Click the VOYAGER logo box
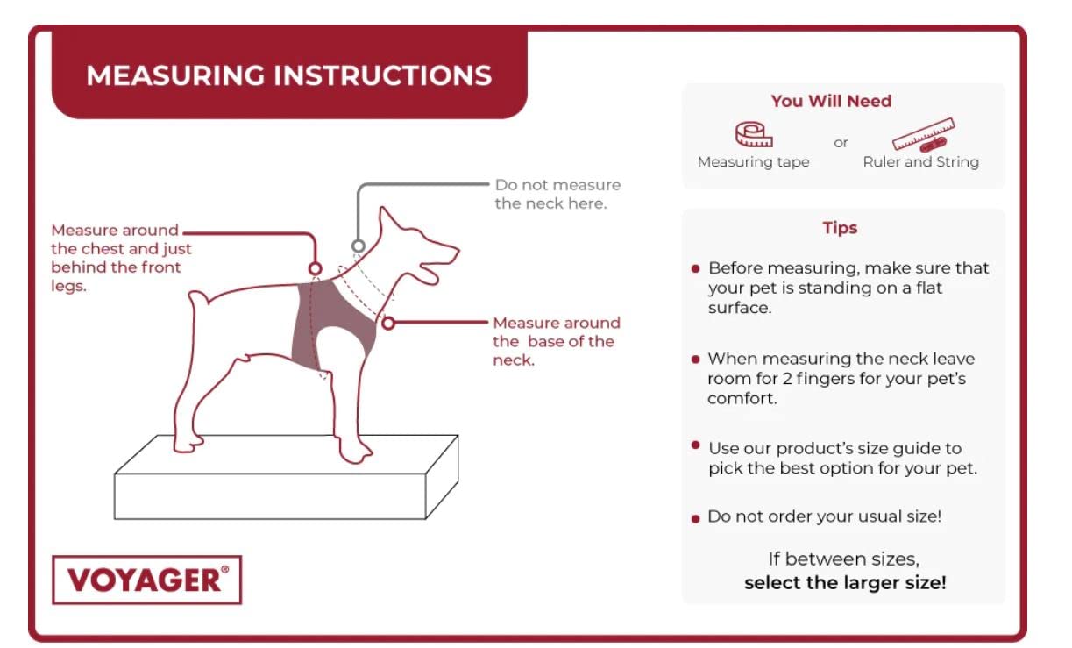point(147,580)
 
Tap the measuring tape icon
point(754,134)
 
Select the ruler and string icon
point(923,134)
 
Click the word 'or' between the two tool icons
point(841,143)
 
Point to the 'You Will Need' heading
point(831,101)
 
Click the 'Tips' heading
point(840,228)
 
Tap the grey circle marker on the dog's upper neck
point(359,246)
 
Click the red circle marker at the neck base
point(388,323)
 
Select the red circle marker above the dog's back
point(315,268)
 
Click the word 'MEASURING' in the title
point(175,75)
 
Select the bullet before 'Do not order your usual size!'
point(696,519)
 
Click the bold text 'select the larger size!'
point(845,583)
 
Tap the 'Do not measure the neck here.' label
point(557,195)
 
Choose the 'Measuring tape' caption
point(753,162)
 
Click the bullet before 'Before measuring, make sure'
point(696,269)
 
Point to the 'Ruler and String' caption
point(920,162)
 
